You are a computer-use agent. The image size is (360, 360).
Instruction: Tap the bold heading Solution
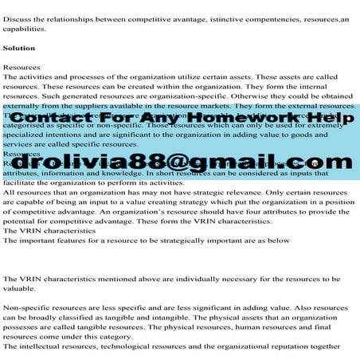tap(18, 49)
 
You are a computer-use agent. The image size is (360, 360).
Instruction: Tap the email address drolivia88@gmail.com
tap(179, 163)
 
